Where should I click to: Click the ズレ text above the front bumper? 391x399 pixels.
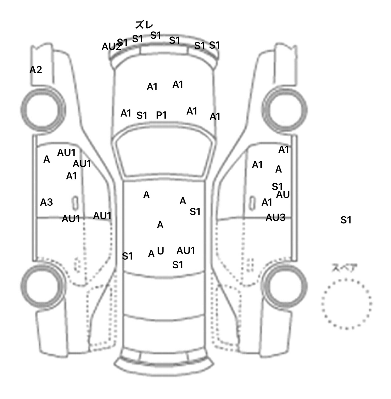[x=144, y=25]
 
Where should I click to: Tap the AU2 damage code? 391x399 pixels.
[x=111, y=47]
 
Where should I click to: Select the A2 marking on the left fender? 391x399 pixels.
[x=36, y=70]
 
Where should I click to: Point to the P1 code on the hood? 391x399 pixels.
[x=161, y=115]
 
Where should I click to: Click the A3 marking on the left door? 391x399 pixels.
[x=46, y=202]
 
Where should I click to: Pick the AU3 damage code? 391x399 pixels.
[x=275, y=218]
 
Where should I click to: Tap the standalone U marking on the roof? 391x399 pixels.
[x=160, y=251]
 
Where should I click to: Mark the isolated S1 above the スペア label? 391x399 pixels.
[x=346, y=220]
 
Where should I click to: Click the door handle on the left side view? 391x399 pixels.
[x=75, y=203]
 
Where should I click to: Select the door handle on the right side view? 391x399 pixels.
[x=252, y=203]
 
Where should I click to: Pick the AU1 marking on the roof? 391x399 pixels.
[x=186, y=251]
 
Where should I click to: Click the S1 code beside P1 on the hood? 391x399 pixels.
[x=142, y=116]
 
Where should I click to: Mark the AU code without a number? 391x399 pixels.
[x=283, y=195]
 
